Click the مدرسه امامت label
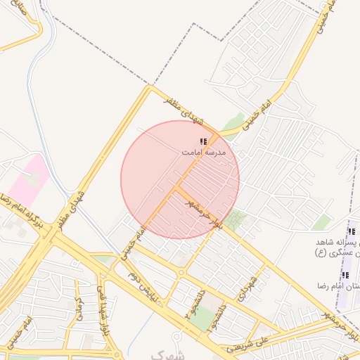203,152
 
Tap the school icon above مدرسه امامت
203,142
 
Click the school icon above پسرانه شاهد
352,231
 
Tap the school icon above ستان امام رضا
345,275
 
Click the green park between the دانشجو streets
204,320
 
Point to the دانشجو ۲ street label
188,303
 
